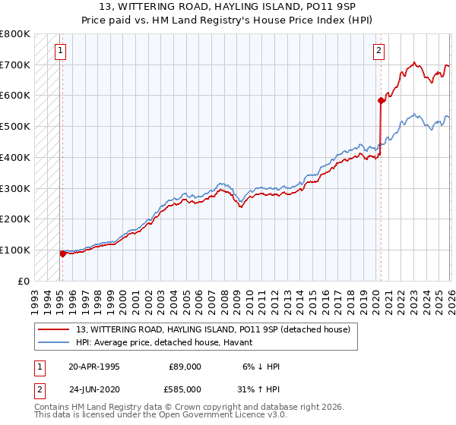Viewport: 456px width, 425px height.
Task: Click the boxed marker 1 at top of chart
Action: (x=60, y=51)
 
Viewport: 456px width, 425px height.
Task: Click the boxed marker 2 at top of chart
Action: (x=378, y=51)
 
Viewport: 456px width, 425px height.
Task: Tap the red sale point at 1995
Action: (x=62, y=253)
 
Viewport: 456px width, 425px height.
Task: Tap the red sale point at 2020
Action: (x=380, y=99)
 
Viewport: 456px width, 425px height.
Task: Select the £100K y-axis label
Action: (x=15, y=250)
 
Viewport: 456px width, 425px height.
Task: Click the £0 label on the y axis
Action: (x=24, y=281)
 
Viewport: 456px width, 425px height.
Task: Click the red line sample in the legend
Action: (x=55, y=329)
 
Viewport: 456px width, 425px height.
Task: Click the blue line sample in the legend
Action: (x=55, y=343)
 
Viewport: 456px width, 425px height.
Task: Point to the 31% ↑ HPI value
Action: (x=258, y=389)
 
